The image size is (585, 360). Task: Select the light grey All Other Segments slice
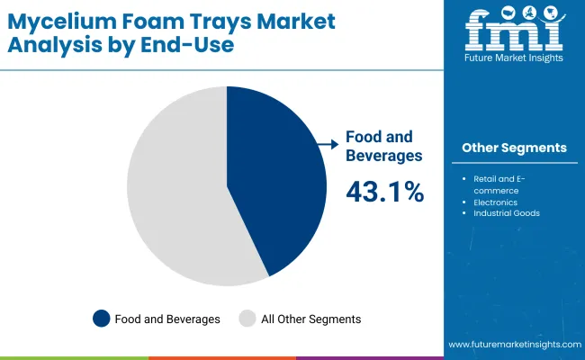point(175,189)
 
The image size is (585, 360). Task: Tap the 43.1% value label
point(385,191)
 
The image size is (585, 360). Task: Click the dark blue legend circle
point(101,319)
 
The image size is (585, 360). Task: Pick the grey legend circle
point(247,319)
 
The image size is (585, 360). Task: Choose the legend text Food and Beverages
point(166,319)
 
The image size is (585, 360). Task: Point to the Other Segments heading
point(514,148)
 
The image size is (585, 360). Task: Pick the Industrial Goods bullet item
point(506,214)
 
